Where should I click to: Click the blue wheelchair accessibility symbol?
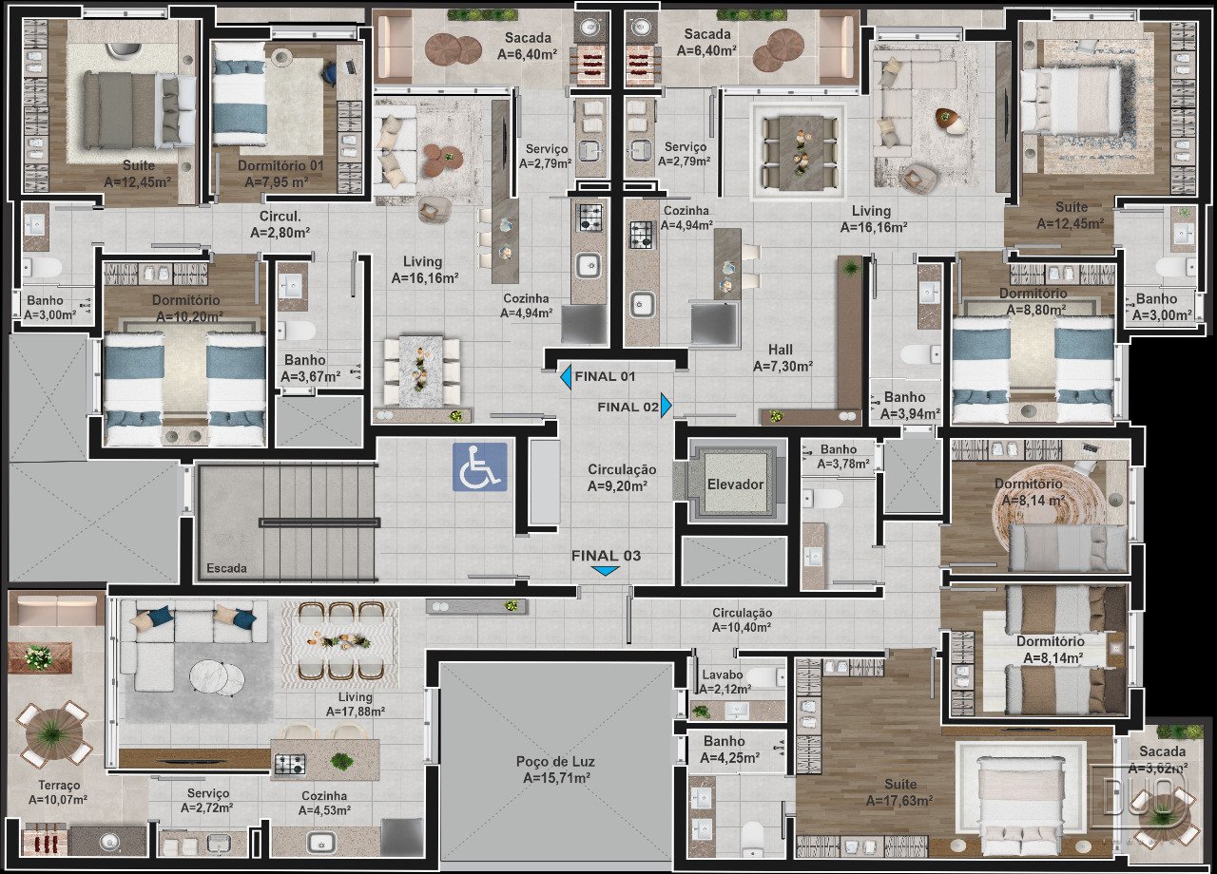[x=480, y=466]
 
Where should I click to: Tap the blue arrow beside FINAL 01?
[x=566, y=377]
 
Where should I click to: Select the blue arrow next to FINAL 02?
[x=666, y=406]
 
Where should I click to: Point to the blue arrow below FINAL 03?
[x=606, y=571]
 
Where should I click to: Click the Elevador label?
[x=736, y=484]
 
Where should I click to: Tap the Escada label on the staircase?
[x=226, y=568]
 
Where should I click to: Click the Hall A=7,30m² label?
[x=782, y=358]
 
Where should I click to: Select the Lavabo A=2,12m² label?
[x=724, y=682]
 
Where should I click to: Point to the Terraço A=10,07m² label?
[x=59, y=792]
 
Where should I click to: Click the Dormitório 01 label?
[x=280, y=165]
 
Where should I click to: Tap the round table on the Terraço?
[x=53, y=735]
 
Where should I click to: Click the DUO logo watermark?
[x=1138, y=796]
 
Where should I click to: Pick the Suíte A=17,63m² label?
[x=899, y=792]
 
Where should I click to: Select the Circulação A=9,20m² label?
[x=622, y=478]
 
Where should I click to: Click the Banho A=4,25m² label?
[x=729, y=750]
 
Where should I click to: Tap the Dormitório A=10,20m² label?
[x=188, y=308]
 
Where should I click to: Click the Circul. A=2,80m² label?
[x=280, y=224]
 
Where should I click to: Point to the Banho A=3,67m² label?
[x=310, y=368]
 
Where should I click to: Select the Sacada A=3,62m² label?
[x=1162, y=759]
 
